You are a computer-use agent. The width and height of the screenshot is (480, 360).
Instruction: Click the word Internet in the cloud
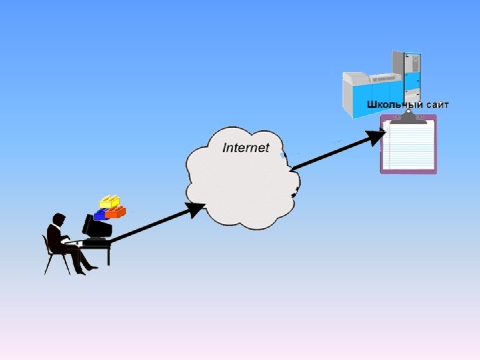point(245,147)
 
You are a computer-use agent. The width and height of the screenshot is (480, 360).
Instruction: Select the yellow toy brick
point(109,202)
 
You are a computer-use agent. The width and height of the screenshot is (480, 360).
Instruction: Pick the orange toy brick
point(116,212)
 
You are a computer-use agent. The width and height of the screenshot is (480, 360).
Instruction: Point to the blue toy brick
point(101,214)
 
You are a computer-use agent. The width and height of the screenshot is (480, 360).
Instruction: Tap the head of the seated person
point(59,219)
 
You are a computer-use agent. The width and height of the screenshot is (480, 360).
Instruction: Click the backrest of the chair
point(47,243)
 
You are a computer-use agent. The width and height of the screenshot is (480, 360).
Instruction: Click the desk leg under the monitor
point(108,255)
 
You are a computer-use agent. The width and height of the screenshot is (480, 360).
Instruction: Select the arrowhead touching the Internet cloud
point(196,209)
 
